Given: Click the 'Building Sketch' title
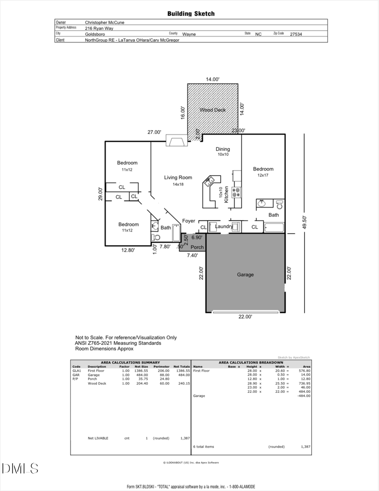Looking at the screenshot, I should tap(191, 13).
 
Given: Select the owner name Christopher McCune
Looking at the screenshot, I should tap(105, 22).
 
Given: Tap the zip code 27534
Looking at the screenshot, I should tap(296, 34).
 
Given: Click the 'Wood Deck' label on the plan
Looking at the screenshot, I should tap(213, 110).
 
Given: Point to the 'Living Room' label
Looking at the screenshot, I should tap(178, 178).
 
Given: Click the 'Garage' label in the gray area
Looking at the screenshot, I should tap(245, 275).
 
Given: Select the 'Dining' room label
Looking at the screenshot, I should tap(223, 149).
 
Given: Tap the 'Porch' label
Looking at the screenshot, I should tap(197, 247).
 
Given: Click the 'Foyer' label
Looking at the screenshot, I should tap(188, 221).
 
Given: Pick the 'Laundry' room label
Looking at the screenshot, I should tap(224, 227).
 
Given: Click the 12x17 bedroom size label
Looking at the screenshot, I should tap(263, 175).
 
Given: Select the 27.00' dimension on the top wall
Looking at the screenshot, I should tap(154, 132).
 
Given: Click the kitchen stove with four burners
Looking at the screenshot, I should tap(236, 192).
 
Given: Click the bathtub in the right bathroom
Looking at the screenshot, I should tap(274, 228).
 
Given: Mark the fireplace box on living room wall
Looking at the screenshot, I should tap(176, 141).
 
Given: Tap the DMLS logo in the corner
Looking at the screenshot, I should tap(20, 468).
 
